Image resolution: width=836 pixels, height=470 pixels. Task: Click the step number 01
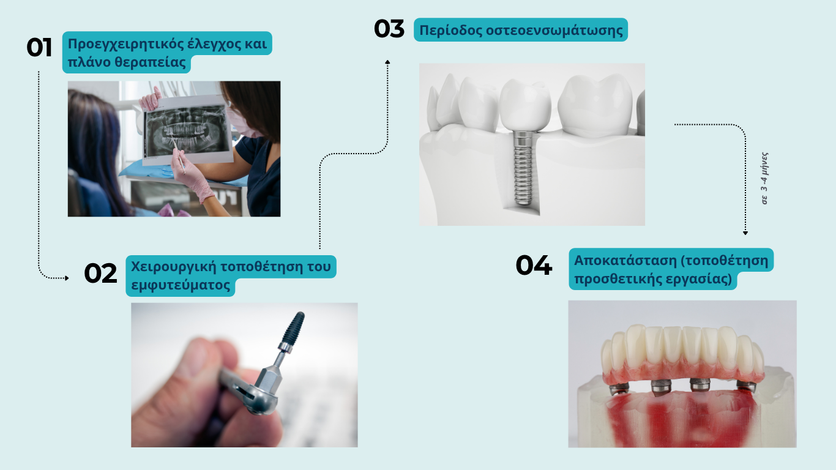coord(39,47)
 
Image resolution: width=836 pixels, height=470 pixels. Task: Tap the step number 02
coord(100,274)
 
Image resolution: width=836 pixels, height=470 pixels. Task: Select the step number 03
coord(389,29)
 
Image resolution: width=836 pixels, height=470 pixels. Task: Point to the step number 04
coord(534,265)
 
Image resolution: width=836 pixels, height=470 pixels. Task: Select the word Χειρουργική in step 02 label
coord(174,267)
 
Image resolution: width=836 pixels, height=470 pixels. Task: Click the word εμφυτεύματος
coord(181,285)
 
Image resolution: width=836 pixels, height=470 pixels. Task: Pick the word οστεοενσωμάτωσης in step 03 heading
coord(554,30)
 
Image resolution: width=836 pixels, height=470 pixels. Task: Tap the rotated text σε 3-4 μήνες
coord(765,178)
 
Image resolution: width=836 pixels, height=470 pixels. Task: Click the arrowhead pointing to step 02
coord(67,278)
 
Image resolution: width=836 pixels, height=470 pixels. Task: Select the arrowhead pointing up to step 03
coord(387,62)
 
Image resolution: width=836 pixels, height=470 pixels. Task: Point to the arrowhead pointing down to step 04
coord(745,233)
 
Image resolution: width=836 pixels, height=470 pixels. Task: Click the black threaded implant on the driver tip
coord(293,328)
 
